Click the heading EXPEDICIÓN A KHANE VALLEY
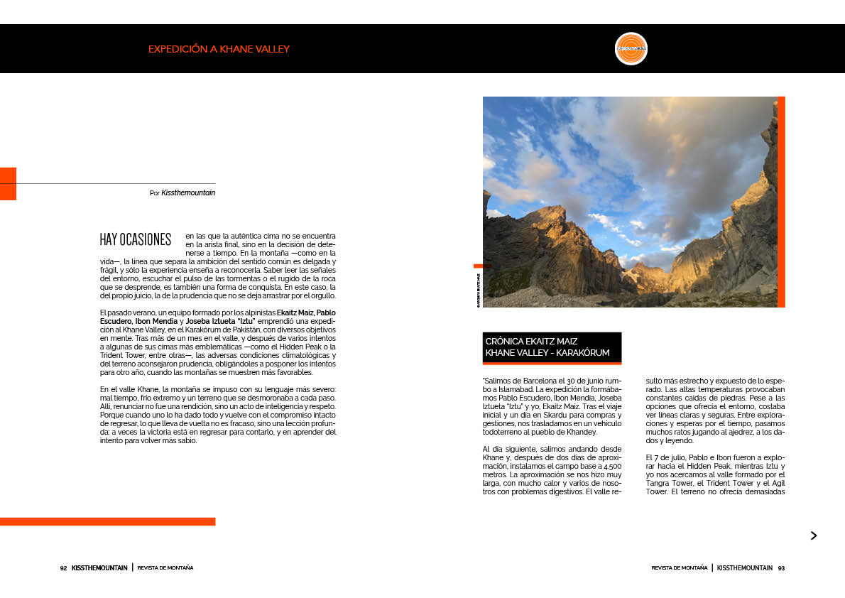click(219, 49)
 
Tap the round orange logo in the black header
click(631, 49)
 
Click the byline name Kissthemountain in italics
click(188, 192)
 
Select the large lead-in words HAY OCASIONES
click(136, 239)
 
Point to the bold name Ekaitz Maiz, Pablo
click(306, 312)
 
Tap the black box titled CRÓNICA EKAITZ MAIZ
click(552, 347)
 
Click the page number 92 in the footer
click(63, 568)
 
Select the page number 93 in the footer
click(781, 568)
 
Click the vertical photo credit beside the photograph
click(478, 290)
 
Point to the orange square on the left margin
click(8, 183)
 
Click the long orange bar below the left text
click(107, 521)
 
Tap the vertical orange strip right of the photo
click(781, 202)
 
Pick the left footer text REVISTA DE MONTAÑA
click(165, 568)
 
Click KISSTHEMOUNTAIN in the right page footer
click(744, 568)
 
